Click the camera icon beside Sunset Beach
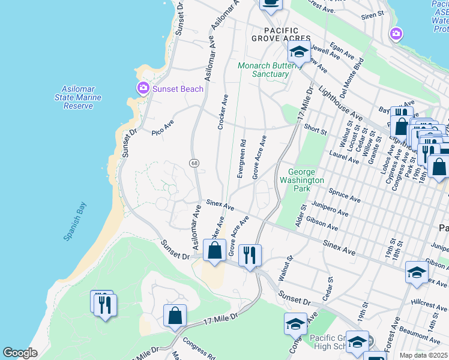click(x=143, y=89)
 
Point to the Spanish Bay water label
click(x=75, y=221)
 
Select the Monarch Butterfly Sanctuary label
click(x=263, y=70)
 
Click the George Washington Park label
click(x=302, y=180)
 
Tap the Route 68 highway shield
click(x=194, y=163)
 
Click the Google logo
click(x=20, y=353)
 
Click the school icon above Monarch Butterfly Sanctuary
click(x=298, y=52)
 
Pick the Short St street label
click(x=315, y=129)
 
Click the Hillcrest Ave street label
click(x=429, y=309)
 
